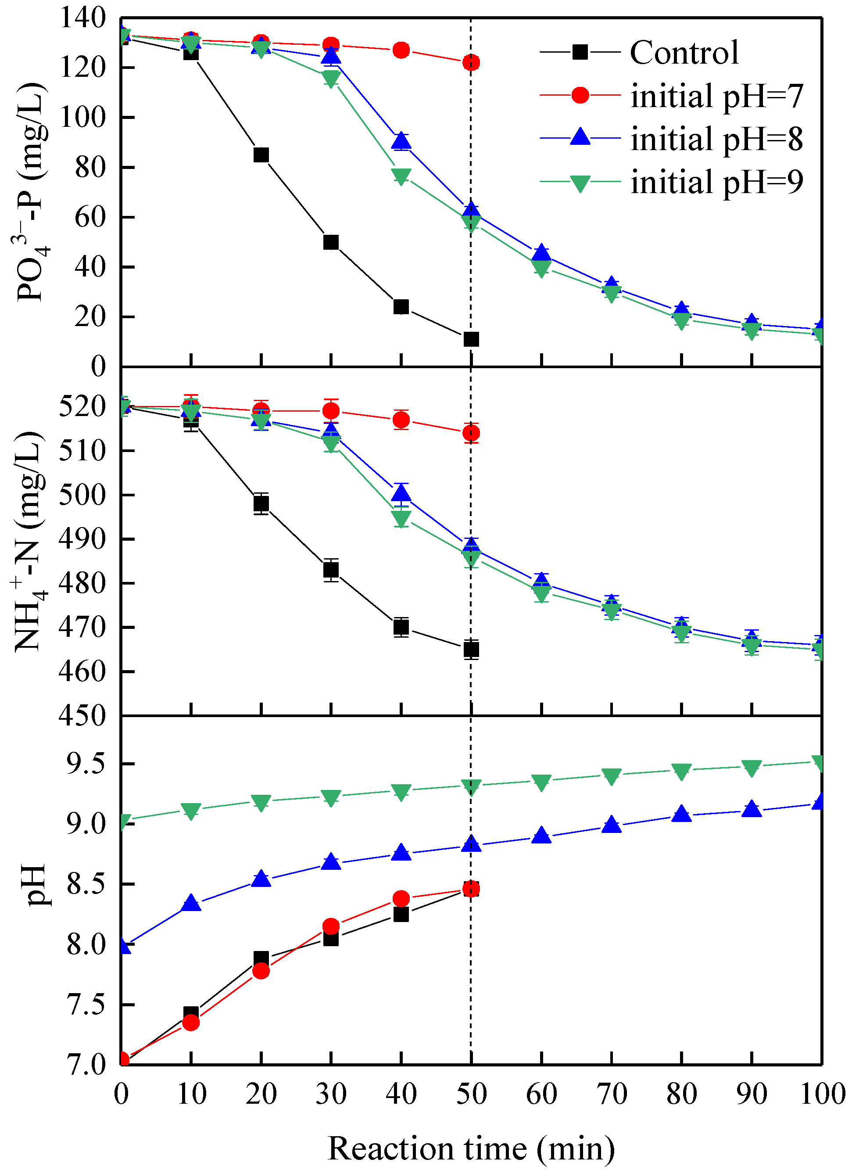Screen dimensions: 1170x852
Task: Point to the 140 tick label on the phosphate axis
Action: [x=82, y=18]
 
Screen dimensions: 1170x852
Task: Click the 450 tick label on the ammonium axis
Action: [x=82, y=716]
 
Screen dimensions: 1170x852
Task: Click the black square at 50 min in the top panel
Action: [x=471, y=339]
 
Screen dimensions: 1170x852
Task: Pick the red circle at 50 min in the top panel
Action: [x=471, y=63]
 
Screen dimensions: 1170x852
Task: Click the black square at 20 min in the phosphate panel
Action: [x=261, y=155]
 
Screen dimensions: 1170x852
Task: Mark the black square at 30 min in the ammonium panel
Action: [x=331, y=570]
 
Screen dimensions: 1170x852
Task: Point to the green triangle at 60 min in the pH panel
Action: [x=541, y=782]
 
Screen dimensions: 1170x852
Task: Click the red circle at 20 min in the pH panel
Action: [x=261, y=971]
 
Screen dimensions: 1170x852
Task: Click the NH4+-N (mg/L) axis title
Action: [x=29, y=542]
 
